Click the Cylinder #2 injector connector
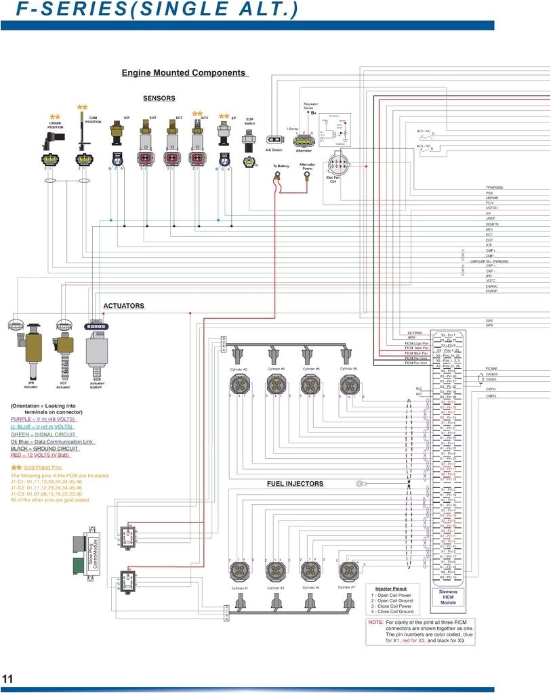coord(239,384)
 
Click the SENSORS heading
coord(159,98)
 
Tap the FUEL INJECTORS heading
coord(295,484)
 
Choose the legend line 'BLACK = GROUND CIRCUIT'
coord(45,449)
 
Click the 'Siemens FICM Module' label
coord(448,596)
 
